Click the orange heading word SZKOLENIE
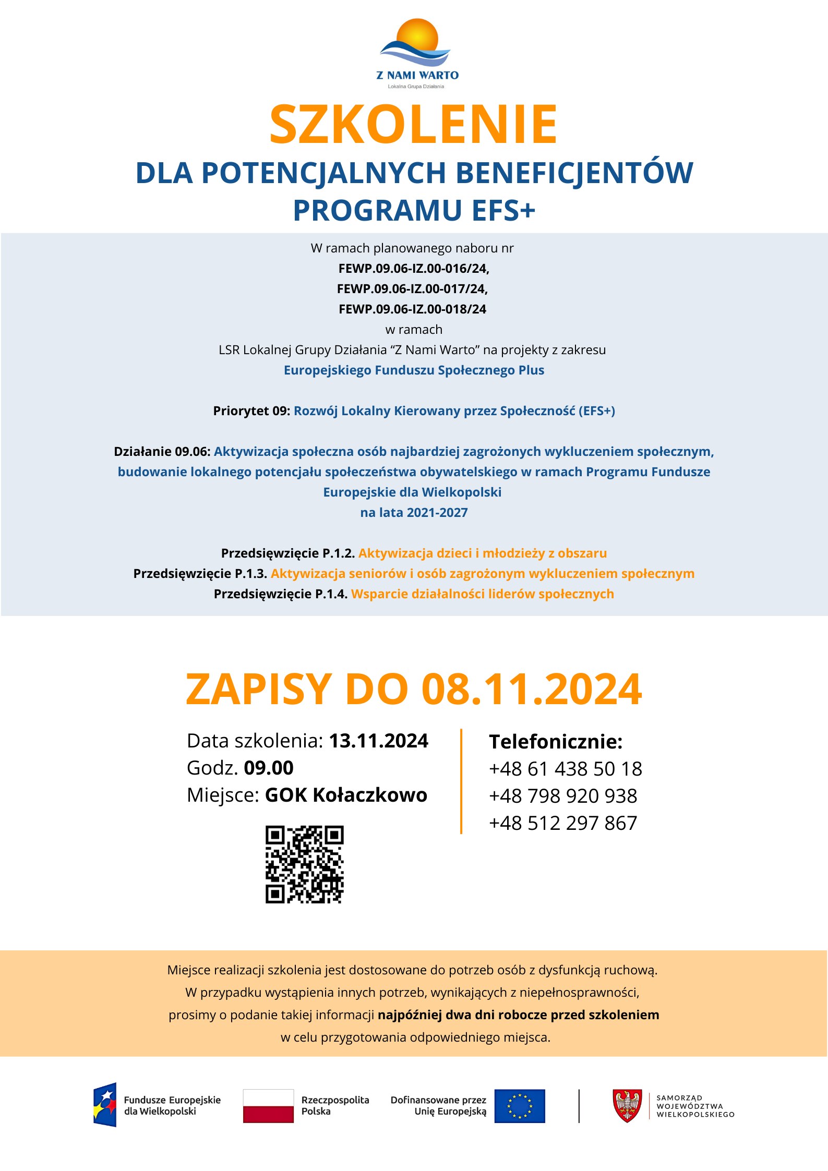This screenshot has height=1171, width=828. (413, 125)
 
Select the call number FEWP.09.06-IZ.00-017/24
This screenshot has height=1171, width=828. (412, 288)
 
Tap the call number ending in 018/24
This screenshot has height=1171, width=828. (412, 309)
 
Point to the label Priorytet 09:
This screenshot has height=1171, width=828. (251, 411)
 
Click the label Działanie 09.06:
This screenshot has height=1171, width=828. (162, 452)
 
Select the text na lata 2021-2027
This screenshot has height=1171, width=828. (414, 513)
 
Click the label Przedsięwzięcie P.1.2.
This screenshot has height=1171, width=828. (288, 553)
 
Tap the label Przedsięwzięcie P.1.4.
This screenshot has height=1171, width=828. (281, 594)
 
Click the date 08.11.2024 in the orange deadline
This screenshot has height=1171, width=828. (531, 689)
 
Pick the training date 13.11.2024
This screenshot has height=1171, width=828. (378, 741)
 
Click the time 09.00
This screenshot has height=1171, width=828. (269, 768)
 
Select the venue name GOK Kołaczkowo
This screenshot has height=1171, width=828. (346, 795)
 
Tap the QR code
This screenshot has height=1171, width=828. (305, 864)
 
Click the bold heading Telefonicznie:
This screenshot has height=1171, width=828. (556, 741)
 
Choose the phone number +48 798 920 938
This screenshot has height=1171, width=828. (563, 796)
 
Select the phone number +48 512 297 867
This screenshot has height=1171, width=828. (563, 823)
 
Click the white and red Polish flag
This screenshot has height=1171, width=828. (268, 1106)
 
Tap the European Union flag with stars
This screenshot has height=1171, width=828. (520, 1106)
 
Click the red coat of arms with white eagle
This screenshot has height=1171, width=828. (627, 1106)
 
